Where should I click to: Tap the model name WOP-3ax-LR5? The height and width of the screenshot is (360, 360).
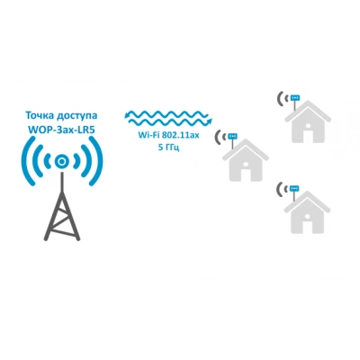tap(62, 130)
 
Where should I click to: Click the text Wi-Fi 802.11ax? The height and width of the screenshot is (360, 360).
tap(168, 136)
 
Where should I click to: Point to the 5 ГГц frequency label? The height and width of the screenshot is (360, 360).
tap(168, 148)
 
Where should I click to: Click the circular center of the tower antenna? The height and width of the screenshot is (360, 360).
tap(62, 162)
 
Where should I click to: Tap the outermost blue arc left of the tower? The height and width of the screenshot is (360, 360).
tap(26, 162)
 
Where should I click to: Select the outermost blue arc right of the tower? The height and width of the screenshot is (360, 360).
tap(97, 162)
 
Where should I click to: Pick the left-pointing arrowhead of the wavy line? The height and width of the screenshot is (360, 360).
tap(127, 115)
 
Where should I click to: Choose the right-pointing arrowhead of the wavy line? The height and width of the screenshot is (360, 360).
tap(210, 121)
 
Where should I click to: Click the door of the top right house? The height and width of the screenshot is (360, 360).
tap(308, 136)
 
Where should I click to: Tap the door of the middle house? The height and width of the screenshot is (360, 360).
tap(246, 175)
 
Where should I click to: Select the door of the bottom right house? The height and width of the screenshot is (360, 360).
tap(308, 227)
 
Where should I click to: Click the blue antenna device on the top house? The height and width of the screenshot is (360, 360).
tap(295, 97)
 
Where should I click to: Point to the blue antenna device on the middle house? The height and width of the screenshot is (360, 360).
tap(233, 136)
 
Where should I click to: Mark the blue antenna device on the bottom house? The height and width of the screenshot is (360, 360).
tap(295, 188)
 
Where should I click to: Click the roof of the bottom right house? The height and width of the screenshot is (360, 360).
tap(308, 202)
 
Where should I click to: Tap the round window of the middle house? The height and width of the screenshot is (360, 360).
tap(246, 164)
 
